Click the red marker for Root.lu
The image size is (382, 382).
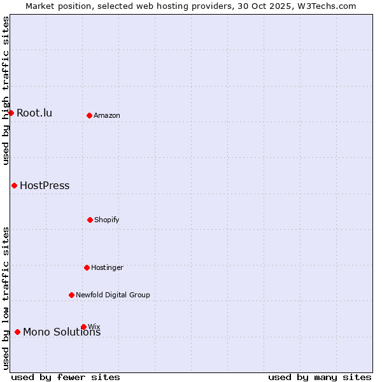pyautogui.click(x=11, y=113)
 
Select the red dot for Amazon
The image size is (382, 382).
pyautogui.click(x=89, y=115)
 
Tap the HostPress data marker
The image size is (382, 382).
pyautogui.click(x=14, y=185)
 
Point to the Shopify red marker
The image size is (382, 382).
pyautogui.click(x=90, y=220)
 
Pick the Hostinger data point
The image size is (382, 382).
pyautogui.click(x=87, y=267)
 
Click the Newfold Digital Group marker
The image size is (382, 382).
pyautogui.click(x=71, y=295)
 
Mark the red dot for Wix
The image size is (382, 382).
pyautogui.click(x=83, y=327)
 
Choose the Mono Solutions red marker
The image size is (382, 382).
pyautogui.click(x=17, y=332)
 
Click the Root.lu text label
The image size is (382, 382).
pyautogui.click(x=34, y=113)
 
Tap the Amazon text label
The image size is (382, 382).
pyautogui.click(x=107, y=116)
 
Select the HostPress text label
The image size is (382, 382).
pyautogui.click(x=45, y=186)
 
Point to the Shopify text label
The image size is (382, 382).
pyautogui.click(x=107, y=220)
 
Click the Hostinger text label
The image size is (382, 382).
pyautogui.click(x=107, y=268)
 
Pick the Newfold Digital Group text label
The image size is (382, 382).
pyautogui.click(x=113, y=295)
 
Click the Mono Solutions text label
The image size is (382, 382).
pyautogui.click(x=62, y=332)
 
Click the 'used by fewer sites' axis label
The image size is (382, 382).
pyautogui.click(x=66, y=377)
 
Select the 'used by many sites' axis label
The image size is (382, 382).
pyautogui.click(x=320, y=377)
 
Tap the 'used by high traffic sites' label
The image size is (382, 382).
pyautogui.click(x=6, y=90)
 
